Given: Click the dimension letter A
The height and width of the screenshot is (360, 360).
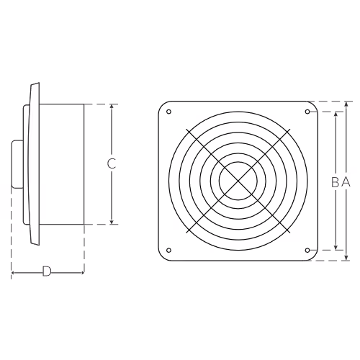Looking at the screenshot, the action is tap(346, 182).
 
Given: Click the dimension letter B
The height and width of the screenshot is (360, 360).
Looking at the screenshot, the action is tap(335, 182).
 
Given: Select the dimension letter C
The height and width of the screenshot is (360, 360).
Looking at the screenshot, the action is tap(112, 163).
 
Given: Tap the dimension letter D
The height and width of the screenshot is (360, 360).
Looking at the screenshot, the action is tap(47, 271).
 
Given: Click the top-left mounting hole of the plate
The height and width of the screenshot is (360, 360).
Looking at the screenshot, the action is tap(168, 112).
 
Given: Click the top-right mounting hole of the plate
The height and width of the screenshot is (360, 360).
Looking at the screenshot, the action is tap(307, 112).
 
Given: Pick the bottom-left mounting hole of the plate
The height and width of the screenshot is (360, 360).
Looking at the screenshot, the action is tap(168, 251).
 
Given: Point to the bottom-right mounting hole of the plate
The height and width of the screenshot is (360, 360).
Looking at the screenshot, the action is tap(307, 251).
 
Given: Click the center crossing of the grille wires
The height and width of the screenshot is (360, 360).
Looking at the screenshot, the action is tap(238, 181).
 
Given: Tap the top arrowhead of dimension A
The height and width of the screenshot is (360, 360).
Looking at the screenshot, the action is tap(346, 104).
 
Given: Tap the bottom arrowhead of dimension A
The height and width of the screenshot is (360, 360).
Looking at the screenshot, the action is tap(346, 258).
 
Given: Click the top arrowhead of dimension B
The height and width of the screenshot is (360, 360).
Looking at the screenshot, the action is tap(336, 114).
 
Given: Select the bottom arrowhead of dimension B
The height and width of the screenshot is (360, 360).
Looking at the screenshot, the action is tap(336, 247).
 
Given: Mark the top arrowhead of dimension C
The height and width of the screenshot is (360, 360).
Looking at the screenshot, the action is tap(112, 107).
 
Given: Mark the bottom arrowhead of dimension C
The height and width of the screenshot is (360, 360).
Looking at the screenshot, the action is tap(112, 222).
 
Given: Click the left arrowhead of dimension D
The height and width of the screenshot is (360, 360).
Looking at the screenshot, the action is tap(14, 273).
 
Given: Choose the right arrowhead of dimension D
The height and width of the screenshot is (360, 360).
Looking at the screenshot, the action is tap(81, 273).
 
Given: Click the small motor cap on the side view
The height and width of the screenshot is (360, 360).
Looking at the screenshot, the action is tap(17, 164).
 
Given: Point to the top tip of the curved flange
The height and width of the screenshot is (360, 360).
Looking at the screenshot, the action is tap(38, 83).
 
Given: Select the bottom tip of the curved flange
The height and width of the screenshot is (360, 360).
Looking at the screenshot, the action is tap(38, 245).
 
